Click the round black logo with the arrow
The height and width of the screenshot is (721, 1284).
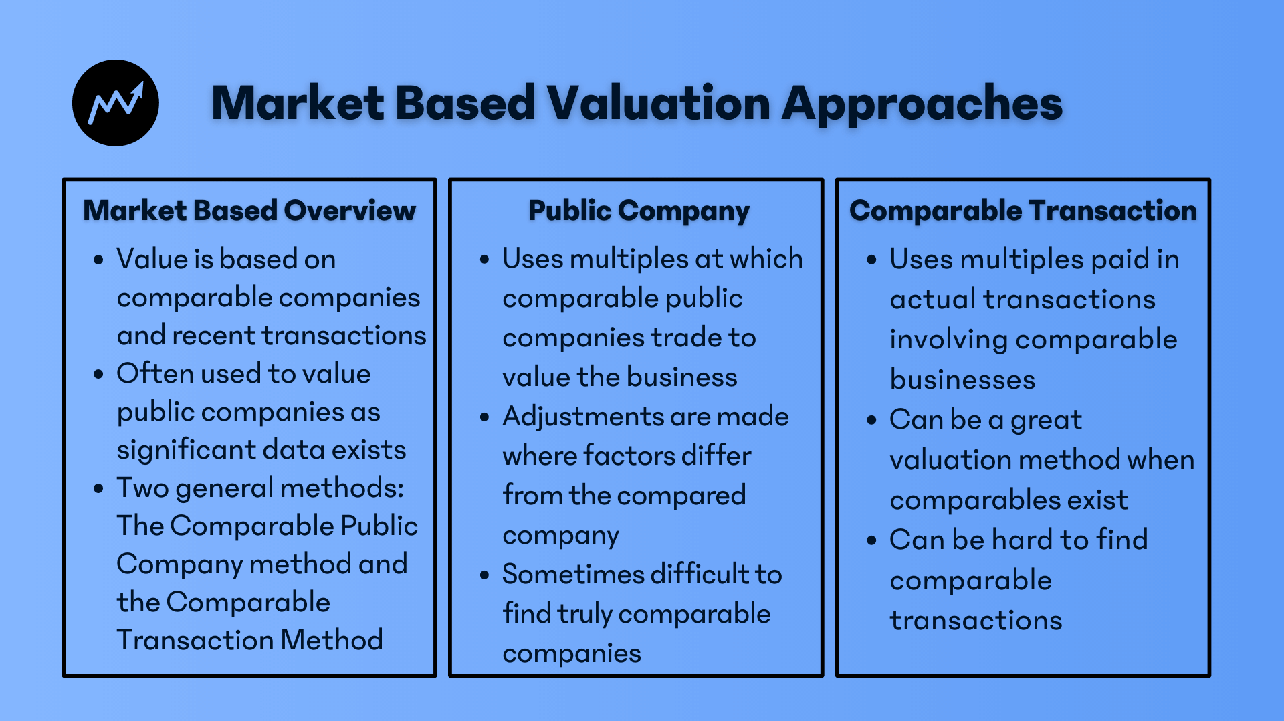(116, 103)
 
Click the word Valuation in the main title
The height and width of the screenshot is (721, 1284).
(659, 104)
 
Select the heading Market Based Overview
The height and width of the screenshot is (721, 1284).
(249, 211)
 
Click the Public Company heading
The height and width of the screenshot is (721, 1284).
(639, 211)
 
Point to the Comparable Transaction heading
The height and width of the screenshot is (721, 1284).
(1023, 211)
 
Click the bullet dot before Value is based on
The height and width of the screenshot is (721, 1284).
(99, 260)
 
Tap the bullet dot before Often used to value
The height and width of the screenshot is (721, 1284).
(99, 374)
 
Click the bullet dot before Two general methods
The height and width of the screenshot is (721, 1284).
(99, 488)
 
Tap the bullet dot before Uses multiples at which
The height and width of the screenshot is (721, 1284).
(485, 260)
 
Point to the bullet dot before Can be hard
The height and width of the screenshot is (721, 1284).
(871, 540)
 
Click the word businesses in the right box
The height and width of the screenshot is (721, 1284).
(962, 380)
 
